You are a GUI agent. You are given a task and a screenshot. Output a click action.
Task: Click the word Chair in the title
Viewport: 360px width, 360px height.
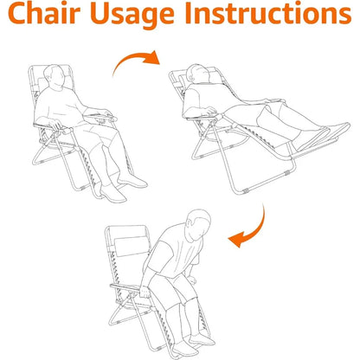pos(44,13)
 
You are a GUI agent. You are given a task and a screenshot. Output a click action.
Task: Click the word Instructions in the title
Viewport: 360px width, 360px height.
pos(268,13)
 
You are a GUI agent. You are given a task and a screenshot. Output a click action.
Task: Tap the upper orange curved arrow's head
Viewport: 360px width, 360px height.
pos(152,57)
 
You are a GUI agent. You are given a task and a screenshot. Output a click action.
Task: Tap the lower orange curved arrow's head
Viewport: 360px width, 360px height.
pos(236,240)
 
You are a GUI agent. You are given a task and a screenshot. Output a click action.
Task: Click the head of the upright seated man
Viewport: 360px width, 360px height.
pos(54,75)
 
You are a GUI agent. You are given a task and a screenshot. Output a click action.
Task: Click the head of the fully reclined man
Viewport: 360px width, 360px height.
pos(198,73)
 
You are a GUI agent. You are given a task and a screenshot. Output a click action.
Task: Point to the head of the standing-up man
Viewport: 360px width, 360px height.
pos(198,225)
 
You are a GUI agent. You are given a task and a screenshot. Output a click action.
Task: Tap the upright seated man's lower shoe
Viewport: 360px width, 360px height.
pos(113,193)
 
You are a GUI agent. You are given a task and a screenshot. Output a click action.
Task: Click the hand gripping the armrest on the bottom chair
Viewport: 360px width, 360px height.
pos(145,292)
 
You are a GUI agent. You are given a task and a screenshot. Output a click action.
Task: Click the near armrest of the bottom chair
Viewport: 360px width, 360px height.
pos(125,287)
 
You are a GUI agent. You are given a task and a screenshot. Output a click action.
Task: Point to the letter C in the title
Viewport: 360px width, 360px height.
pos(18,13)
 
